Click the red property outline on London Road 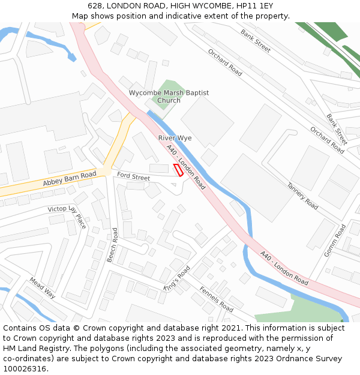click(178, 170)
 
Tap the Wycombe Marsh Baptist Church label click(169, 97)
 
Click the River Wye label click(175, 138)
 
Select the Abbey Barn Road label click(70, 178)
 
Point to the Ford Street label click(133, 176)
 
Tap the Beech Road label click(112, 245)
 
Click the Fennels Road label click(216, 298)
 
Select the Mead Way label click(43, 288)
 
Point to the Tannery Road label click(302, 196)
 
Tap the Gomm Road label click(335, 241)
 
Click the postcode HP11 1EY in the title click(254, 5)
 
